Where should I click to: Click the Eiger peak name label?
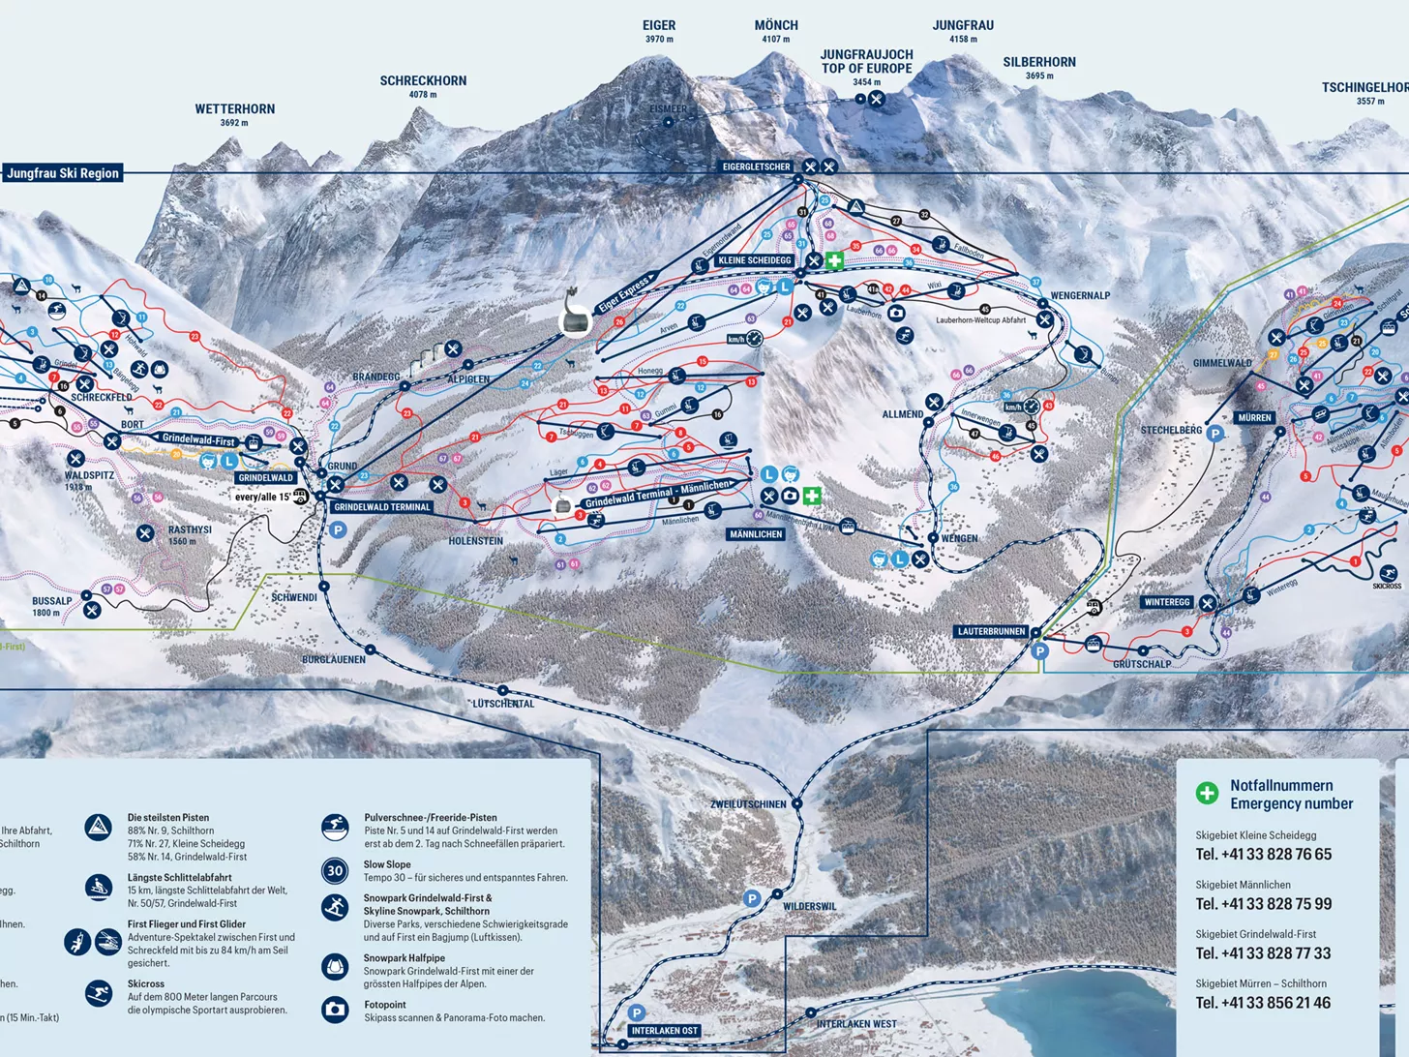659,26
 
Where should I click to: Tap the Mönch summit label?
776,26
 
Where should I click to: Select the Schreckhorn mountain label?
423,81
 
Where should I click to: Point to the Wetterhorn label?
235,109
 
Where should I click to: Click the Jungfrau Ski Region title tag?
63,173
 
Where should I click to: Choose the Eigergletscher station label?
756,166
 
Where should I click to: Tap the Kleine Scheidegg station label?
755,260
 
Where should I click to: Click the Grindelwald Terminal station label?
382,507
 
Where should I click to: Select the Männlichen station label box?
756,534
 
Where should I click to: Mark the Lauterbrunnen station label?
991,631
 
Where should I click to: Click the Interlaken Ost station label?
664,1031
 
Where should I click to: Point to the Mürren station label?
1254,418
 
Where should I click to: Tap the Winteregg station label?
1167,602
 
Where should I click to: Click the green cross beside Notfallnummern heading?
1207,794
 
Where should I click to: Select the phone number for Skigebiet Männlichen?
1263,904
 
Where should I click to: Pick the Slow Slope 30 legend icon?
335,870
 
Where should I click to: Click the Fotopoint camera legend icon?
335,1010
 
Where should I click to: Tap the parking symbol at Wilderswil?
752,898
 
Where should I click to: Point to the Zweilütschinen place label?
748,804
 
